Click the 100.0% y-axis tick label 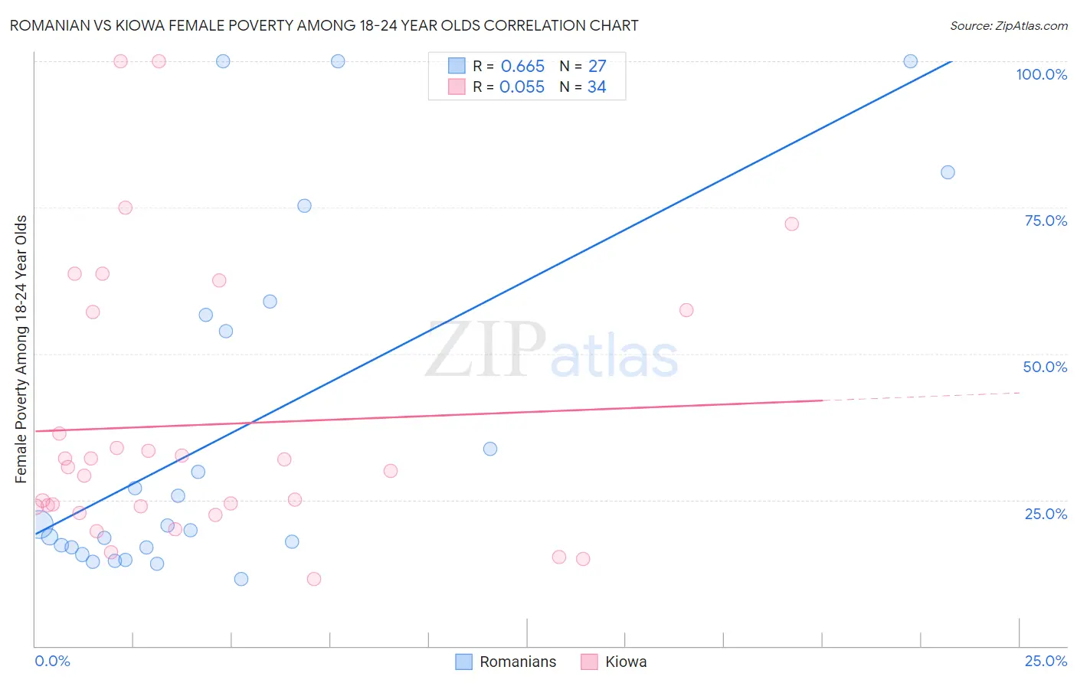pyautogui.click(x=1041, y=74)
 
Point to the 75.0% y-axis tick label pyautogui.click(x=1046, y=221)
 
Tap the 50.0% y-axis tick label pyautogui.click(x=1045, y=367)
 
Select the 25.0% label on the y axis pyautogui.click(x=1046, y=514)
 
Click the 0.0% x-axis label pyautogui.click(x=52, y=661)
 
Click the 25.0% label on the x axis pyautogui.click(x=1046, y=661)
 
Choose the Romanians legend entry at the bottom pyautogui.click(x=506, y=662)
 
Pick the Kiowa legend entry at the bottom pyautogui.click(x=614, y=662)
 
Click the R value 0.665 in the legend pyautogui.click(x=522, y=67)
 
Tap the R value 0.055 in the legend pyautogui.click(x=522, y=87)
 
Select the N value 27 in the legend pyautogui.click(x=597, y=67)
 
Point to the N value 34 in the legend pyautogui.click(x=597, y=87)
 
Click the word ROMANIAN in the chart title pyautogui.click(x=45, y=26)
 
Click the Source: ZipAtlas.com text pyautogui.click(x=1008, y=26)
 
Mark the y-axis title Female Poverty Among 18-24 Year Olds pyautogui.click(x=21, y=349)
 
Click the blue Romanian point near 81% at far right pyautogui.click(x=948, y=172)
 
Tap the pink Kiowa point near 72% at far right pyautogui.click(x=791, y=224)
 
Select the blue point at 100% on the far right pyautogui.click(x=910, y=61)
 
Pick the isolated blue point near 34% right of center pyautogui.click(x=490, y=449)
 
